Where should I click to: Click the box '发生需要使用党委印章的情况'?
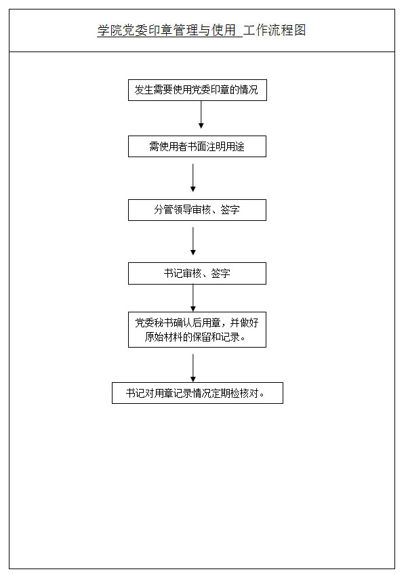coord(197,90)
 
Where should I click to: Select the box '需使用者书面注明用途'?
coord(197,146)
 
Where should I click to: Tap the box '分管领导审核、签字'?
coord(197,210)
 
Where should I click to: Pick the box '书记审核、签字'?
coord(197,273)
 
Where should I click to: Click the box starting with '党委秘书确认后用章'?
coord(197,329)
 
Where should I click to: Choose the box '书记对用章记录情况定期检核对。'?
coord(197,393)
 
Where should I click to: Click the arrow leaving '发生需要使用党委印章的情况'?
coord(201,115)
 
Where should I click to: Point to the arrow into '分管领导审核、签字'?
coord(193,178)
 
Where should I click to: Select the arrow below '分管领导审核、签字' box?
coord(193,241)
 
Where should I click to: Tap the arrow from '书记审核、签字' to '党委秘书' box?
coord(193,298)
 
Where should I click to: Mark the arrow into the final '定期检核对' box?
coord(193,368)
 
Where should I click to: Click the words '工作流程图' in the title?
coord(275,30)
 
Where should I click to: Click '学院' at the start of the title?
coord(110,30)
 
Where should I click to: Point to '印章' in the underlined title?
coord(161,30)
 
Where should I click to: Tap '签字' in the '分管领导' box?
coord(230,210)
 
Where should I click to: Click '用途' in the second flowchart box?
coord(235,147)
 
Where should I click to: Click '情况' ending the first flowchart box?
coord(249,90)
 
